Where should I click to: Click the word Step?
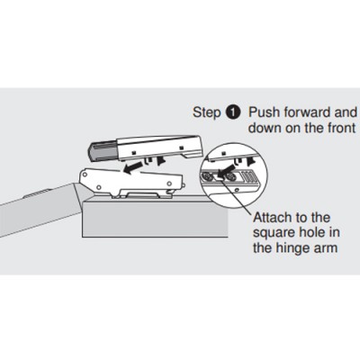click(x=206, y=112)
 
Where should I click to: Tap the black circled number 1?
click(x=233, y=112)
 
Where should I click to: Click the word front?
click(x=341, y=128)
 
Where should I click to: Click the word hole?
click(x=313, y=232)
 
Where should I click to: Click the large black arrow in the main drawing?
click(x=132, y=168)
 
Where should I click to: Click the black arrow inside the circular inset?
click(x=225, y=171)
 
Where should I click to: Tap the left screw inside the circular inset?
click(x=206, y=178)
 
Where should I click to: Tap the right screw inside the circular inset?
click(x=231, y=177)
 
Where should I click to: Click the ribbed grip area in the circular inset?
click(x=249, y=175)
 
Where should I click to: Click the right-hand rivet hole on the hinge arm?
click(x=169, y=183)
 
